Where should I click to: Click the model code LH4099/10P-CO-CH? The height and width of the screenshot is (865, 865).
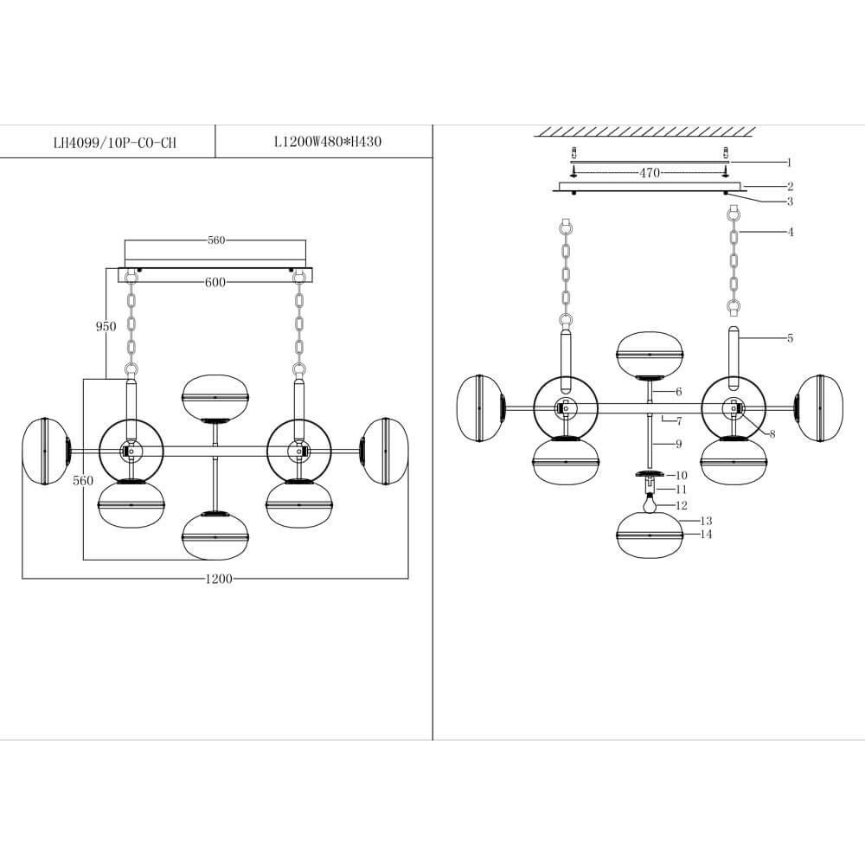(114, 143)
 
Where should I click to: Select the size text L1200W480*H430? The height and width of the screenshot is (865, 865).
(321, 143)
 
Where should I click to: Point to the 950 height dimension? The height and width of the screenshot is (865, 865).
(106, 327)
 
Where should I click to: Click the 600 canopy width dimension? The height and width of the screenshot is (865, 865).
(215, 282)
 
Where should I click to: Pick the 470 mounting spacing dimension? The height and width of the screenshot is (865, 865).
(650, 173)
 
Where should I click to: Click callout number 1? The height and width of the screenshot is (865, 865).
(789, 162)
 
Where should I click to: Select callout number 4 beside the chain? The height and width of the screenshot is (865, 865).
(790, 232)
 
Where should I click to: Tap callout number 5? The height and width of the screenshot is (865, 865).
(790, 338)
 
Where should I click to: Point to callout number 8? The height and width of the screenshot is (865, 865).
(772, 433)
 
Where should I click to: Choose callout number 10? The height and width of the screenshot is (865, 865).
(681, 475)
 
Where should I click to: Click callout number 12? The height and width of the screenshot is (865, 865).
(682, 505)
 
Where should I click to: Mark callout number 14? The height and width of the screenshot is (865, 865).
(706, 535)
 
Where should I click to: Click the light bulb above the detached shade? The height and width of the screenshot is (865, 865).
(649, 501)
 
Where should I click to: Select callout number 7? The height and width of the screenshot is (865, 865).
(679, 420)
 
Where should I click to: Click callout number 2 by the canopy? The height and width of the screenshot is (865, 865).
(790, 186)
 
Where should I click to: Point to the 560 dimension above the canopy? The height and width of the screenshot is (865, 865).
(215, 240)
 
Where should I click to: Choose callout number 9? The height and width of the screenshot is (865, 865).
(679, 444)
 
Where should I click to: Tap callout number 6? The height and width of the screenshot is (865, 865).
(679, 392)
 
